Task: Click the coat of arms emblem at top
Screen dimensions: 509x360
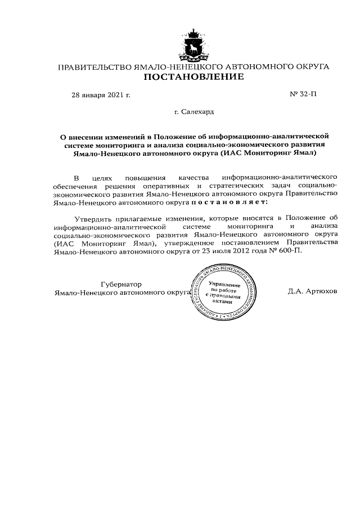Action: [194, 43]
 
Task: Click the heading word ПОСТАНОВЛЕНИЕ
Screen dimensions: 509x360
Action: [194, 78]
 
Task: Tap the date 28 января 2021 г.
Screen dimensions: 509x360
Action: [101, 94]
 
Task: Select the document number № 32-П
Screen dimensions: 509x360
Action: [303, 94]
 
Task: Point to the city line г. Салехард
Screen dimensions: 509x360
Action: [194, 112]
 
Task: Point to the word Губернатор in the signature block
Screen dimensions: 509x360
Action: [121, 284]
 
